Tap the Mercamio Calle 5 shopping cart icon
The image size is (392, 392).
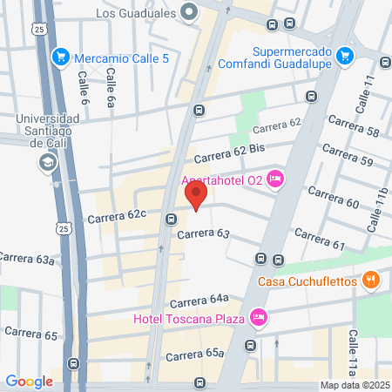click(60, 57)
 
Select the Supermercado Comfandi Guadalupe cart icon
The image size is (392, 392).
click(345, 54)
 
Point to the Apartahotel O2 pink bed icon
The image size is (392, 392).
click(275, 179)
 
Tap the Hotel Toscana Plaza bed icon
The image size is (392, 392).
click(258, 318)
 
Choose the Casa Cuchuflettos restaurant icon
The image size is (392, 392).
click(372, 280)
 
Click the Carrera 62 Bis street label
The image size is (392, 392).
click(228, 153)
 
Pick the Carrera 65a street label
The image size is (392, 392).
click(195, 354)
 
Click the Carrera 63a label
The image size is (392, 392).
click(27, 258)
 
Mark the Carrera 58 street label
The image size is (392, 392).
click(361, 131)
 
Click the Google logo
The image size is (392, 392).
click(29, 381)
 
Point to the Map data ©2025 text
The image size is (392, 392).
click(355, 385)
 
